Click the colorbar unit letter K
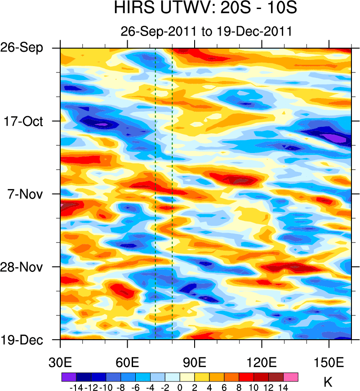click(x=328, y=383)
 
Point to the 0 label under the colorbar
click(x=179, y=387)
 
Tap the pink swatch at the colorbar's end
click(x=290, y=377)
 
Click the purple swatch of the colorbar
click(x=68, y=377)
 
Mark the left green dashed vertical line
click(x=155, y=193)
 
